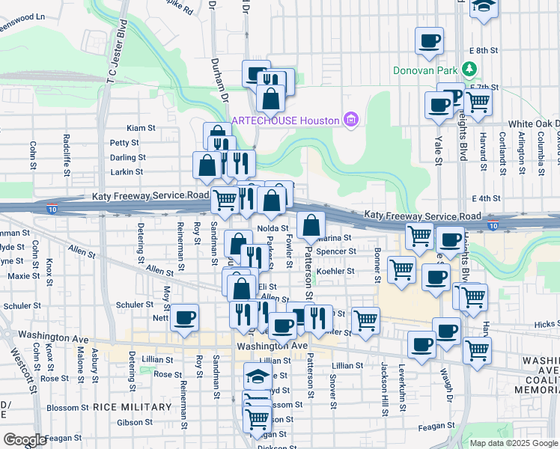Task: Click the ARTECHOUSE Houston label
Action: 285,120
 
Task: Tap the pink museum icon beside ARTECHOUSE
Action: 350,120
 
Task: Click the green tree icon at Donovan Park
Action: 469,70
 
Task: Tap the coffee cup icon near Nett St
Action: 183,317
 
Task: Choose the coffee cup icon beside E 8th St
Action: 429,40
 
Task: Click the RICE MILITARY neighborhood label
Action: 133,407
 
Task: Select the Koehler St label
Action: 335,271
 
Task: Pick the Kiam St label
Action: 140,129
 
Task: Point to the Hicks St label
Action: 547,325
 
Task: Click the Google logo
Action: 25,440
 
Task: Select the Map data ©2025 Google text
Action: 513,443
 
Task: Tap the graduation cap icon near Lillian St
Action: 257,376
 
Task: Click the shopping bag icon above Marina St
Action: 311,224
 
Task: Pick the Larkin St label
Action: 127,172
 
